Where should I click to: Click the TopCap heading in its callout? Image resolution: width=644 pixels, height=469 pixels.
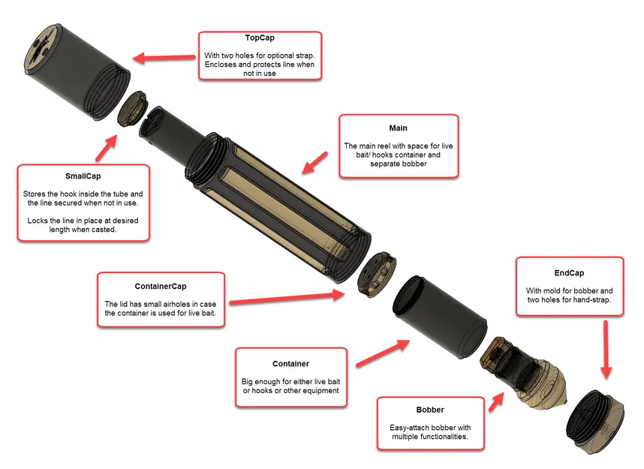260,38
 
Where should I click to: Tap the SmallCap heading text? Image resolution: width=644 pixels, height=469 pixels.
83,176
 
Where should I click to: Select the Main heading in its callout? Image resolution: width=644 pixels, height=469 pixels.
398,128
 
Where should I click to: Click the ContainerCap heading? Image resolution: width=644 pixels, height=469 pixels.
161,286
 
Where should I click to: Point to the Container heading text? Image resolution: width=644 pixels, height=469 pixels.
290,364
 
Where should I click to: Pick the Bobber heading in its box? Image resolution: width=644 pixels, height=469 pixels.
430,410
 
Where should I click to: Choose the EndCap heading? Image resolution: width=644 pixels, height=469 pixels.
569,273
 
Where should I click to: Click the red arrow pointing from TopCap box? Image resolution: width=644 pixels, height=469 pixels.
164,58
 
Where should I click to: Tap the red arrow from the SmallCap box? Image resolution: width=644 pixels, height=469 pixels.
107,148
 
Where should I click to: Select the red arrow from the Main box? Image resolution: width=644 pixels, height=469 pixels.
314,163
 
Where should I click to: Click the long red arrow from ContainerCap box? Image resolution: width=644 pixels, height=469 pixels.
287,298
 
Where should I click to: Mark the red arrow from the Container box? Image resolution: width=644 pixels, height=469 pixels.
383,353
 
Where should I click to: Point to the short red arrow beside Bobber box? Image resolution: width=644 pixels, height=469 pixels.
496,401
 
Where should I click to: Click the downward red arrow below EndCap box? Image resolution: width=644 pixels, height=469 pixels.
606,350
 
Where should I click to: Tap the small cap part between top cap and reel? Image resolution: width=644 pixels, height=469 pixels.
132,109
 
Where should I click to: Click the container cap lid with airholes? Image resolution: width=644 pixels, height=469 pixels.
377,275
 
